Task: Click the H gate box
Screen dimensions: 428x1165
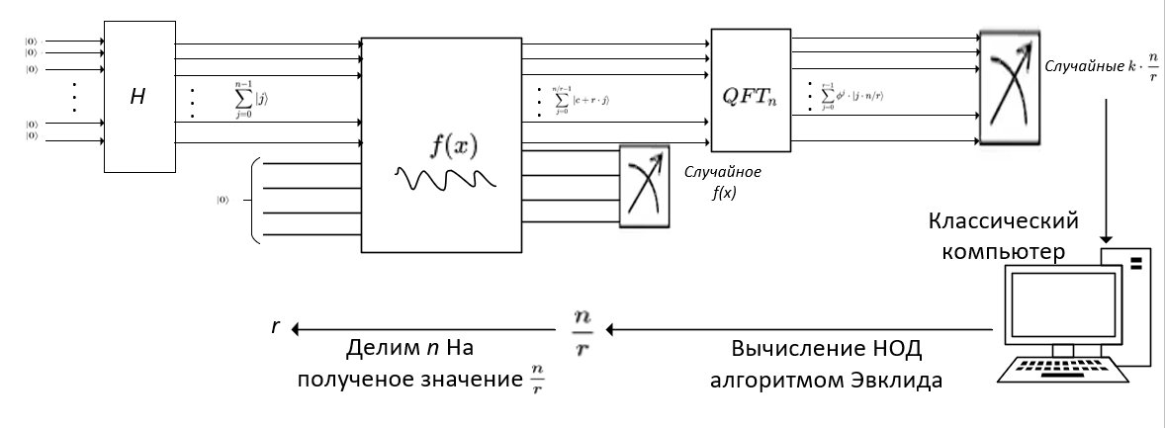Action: click(138, 97)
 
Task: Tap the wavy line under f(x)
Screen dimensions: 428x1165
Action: click(445, 179)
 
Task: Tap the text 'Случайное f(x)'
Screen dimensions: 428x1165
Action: click(721, 181)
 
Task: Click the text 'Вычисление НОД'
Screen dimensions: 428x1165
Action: click(812, 351)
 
